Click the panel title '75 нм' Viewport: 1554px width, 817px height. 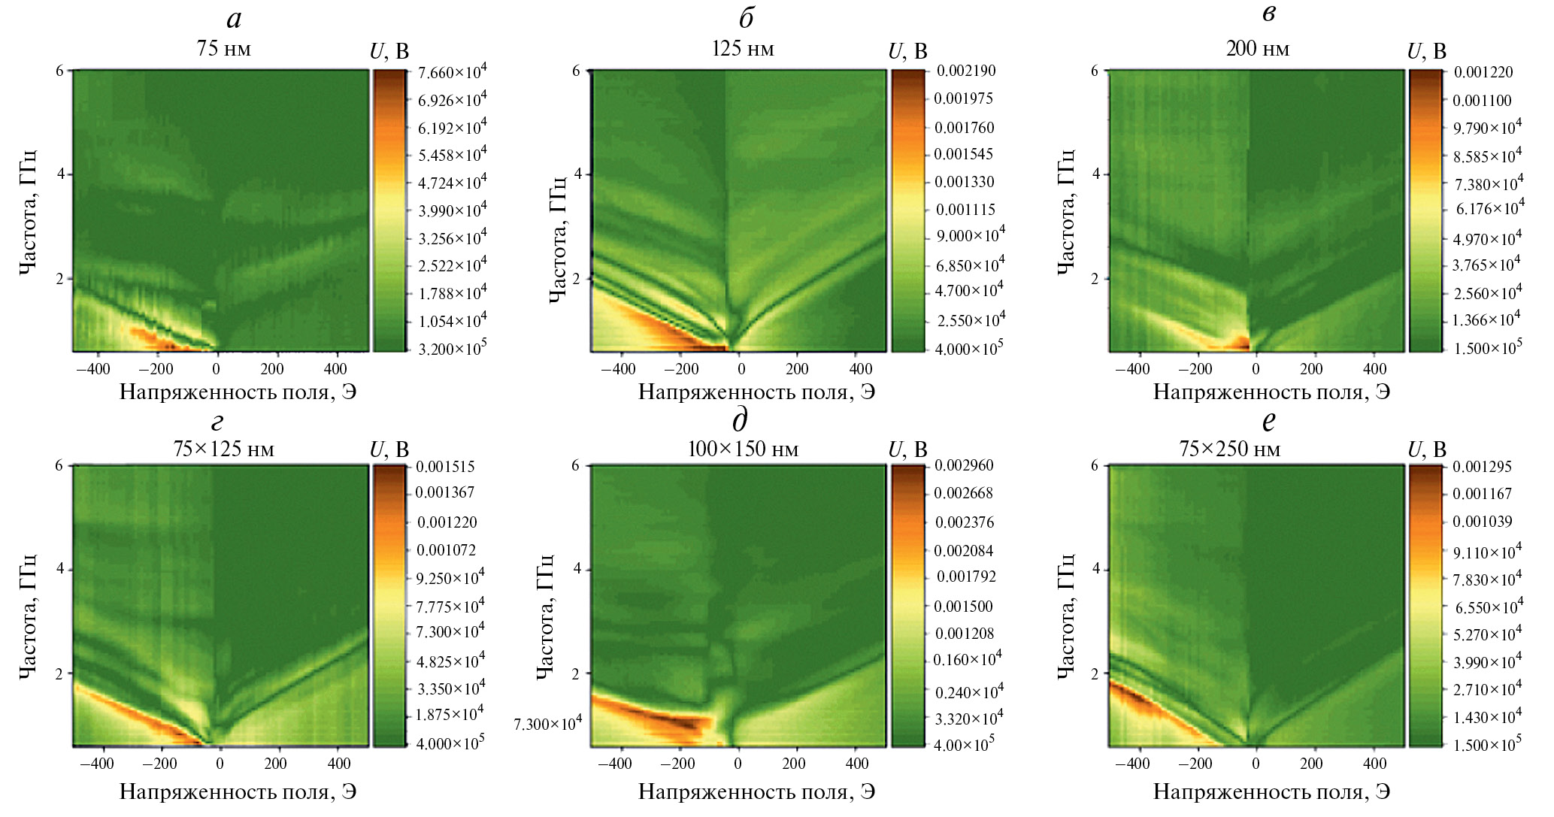223,49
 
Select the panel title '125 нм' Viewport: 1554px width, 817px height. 742,49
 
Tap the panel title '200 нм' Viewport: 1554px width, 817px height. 1257,49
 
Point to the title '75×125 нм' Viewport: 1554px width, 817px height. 223,449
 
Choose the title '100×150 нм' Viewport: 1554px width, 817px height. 742,449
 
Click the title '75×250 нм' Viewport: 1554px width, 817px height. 1229,449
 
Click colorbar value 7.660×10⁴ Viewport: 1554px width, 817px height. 452,72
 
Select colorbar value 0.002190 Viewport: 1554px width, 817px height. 965,71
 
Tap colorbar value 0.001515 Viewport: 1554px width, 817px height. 445,467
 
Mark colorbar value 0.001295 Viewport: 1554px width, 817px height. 1481,467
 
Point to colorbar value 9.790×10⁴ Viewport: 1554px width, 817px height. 1486,127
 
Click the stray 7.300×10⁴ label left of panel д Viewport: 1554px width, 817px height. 547,724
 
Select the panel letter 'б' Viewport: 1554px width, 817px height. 746,19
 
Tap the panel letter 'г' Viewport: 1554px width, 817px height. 218,422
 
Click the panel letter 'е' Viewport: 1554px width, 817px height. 1269,421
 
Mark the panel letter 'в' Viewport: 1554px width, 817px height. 1269,14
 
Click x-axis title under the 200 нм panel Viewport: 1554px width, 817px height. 1271,392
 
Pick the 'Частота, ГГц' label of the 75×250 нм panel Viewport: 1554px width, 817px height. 1066,616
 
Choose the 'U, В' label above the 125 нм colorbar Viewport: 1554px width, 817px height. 907,51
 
